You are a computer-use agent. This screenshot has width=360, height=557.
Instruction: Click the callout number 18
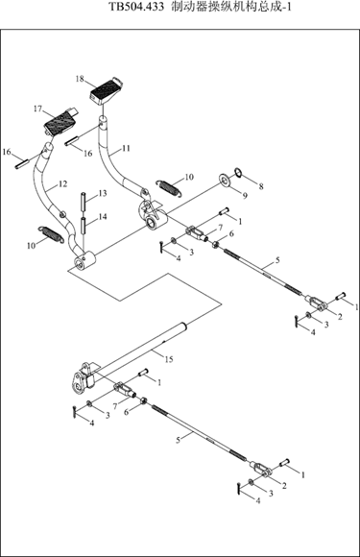[80, 79]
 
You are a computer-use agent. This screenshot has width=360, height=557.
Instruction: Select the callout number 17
[38, 109]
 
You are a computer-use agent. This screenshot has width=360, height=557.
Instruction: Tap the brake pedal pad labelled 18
[106, 91]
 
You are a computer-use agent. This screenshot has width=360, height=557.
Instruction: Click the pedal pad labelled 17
[61, 122]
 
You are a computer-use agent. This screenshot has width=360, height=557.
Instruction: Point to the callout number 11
[126, 148]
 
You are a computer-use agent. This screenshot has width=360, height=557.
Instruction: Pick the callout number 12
[62, 184]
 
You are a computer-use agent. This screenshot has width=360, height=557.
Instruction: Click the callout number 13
[103, 193]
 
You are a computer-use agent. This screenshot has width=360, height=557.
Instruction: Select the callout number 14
[103, 216]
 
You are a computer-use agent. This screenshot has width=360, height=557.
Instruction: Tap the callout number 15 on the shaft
[169, 359]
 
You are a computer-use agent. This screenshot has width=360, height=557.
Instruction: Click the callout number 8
[261, 186]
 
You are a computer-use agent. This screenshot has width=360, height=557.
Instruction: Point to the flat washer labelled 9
[225, 180]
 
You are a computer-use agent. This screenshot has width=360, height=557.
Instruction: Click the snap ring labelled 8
[239, 173]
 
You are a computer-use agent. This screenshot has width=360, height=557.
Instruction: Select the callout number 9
[245, 196]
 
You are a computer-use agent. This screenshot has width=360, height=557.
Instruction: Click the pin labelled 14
[84, 226]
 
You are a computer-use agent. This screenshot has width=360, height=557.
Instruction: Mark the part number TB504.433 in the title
[135, 7]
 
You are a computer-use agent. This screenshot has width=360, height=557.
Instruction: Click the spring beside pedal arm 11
[170, 187]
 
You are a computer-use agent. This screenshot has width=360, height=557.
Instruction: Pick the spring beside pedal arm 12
[51, 234]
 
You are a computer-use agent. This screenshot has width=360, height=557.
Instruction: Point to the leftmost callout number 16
[7, 152]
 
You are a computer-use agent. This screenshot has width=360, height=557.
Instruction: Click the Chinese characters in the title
[227, 7]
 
